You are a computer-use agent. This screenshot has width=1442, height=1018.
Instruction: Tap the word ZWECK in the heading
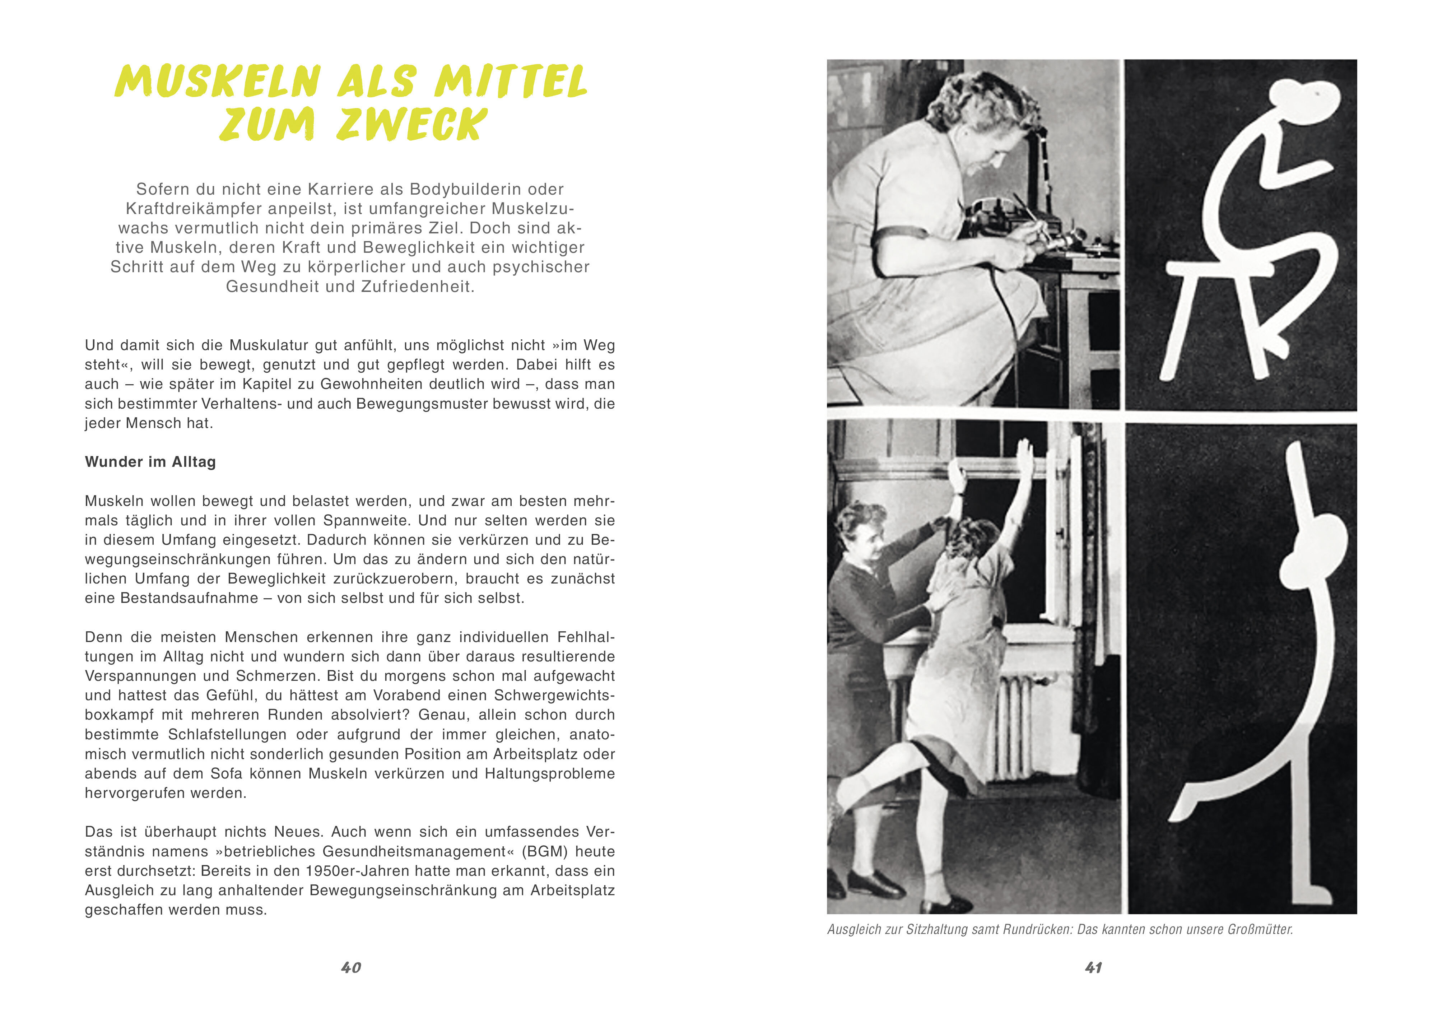(x=411, y=124)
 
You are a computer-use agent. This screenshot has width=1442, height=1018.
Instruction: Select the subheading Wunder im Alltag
(x=150, y=462)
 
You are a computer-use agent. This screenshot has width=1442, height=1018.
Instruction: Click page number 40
(x=351, y=968)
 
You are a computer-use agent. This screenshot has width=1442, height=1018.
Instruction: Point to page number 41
(x=1093, y=968)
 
